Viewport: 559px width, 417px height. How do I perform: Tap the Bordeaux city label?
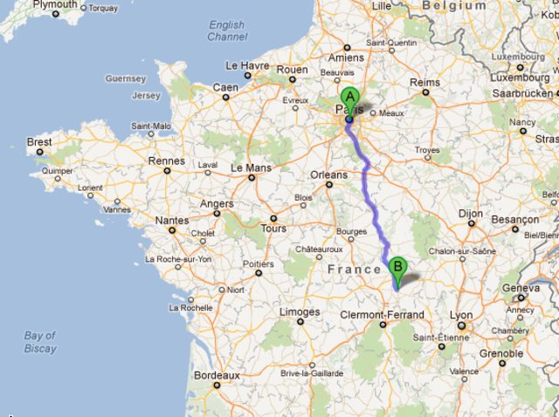216,375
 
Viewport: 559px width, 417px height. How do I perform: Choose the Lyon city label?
461,316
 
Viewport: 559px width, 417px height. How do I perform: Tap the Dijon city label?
471,212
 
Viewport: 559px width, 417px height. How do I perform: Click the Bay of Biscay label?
40,341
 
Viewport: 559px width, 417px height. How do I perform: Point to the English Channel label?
227,31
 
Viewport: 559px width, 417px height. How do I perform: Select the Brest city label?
39,142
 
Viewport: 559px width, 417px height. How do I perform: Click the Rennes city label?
167,161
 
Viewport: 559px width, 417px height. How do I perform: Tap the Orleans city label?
329,174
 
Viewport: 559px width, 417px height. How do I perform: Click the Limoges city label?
300,311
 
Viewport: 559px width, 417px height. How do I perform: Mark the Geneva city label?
521,288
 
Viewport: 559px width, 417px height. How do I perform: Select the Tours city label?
273,229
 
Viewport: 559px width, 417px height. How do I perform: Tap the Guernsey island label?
127,79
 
